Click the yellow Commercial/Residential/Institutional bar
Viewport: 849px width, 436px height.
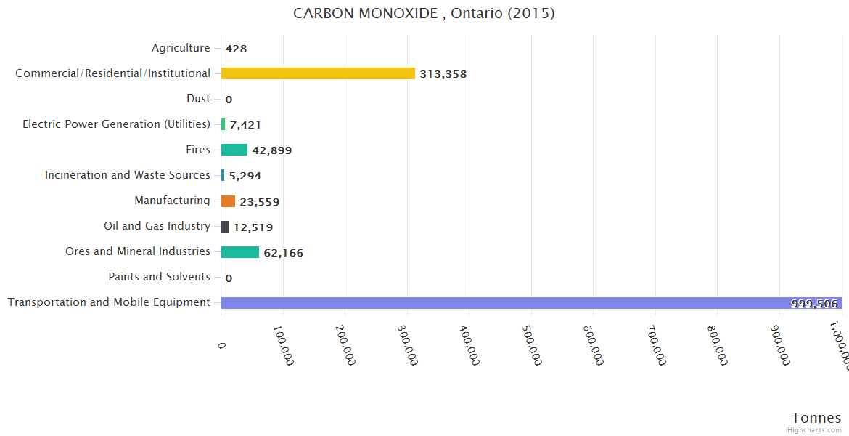pyautogui.click(x=318, y=73)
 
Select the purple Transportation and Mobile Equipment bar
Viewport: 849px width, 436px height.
pyautogui.click(x=508, y=303)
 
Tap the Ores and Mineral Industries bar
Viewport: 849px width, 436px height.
pyautogui.click(x=239, y=252)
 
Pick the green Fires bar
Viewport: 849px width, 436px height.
pyautogui.click(x=234, y=150)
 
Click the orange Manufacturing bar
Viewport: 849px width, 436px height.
pyautogui.click(x=228, y=201)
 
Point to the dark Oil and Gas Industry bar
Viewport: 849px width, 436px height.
pyautogui.click(x=225, y=227)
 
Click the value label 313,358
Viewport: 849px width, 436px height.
pyautogui.click(x=443, y=74)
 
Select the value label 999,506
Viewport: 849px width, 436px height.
pyautogui.click(x=814, y=304)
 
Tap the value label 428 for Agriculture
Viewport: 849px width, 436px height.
pyautogui.click(x=236, y=49)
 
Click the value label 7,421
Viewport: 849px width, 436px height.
pyautogui.click(x=245, y=125)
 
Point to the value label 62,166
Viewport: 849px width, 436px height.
pyautogui.click(x=283, y=253)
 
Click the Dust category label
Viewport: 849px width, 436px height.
pyautogui.click(x=198, y=99)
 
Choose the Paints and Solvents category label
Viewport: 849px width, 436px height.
pyautogui.click(x=159, y=277)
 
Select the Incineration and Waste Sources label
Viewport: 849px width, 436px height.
pyautogui.click(x=127, y=175)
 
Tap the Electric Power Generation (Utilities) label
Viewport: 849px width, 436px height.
pyautogui.click(x=116, y=124)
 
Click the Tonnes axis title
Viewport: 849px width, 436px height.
pyautogui.click(x=816, y=418)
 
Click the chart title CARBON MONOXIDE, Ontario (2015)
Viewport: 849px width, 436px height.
pyautogui.click(x=424, y=14)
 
